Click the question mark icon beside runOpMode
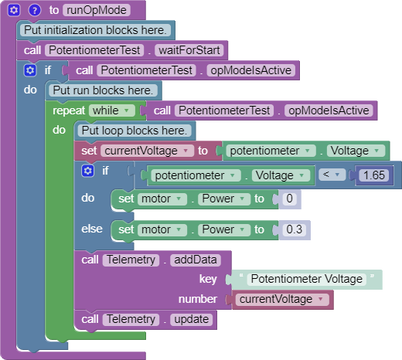pyautogui.click(x=35, y=10)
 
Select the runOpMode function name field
pyautogui.click(x=97, y=10)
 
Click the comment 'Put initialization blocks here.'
pyautogui.click(x=95, y=30)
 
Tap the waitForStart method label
pyautogui.click(x=189, y=50)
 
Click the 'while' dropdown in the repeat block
pyautogui.click(x=111, y=110)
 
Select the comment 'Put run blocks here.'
pyautogui.click(x=103, y=90)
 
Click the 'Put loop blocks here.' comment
pyautogui.click(x=134, y=131)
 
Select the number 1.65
pyautogui.click(x=374, y=175)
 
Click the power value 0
pyautogui.click(x=289, y=199)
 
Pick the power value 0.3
pyautogui.click(x=295, y=229)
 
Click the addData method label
pyautogui.click(x=196, y=260)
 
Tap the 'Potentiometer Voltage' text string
pyautogui.click(x=307, y=279)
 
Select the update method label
pyautogui.click(x=191, y=320)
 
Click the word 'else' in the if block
pyautogui.click(x=92, y=229)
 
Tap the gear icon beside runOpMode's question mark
pyautogui.click(x=14, y=10)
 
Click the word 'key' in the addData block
pyautogui.click(x=208, y=279)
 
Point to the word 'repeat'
pyautogui.click(x=69, y=111)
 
